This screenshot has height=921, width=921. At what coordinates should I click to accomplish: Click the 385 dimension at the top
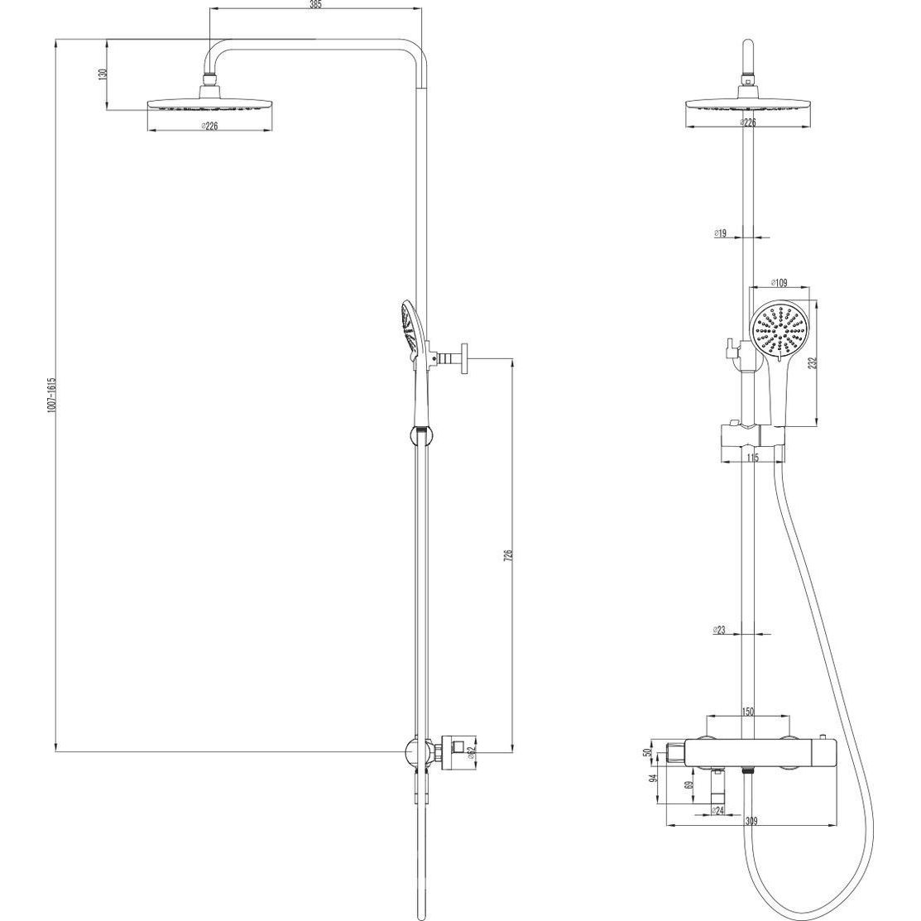click(x=316, y=5)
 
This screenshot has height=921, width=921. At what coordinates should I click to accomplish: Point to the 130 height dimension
click(x=103, y=74)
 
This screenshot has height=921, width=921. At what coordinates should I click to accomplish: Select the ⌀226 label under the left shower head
click(x=209, y=126)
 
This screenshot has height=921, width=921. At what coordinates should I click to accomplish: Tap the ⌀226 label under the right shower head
click(x=747, y=122)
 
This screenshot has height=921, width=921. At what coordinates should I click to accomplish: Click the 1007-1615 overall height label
click(x=51, y=395)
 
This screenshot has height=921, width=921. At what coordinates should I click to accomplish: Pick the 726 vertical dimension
click(x=509, y=555)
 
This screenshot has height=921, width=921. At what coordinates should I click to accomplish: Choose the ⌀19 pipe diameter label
click(x=721, y=233)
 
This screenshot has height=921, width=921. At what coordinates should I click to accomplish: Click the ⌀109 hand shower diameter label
click(x=778, y=283)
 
